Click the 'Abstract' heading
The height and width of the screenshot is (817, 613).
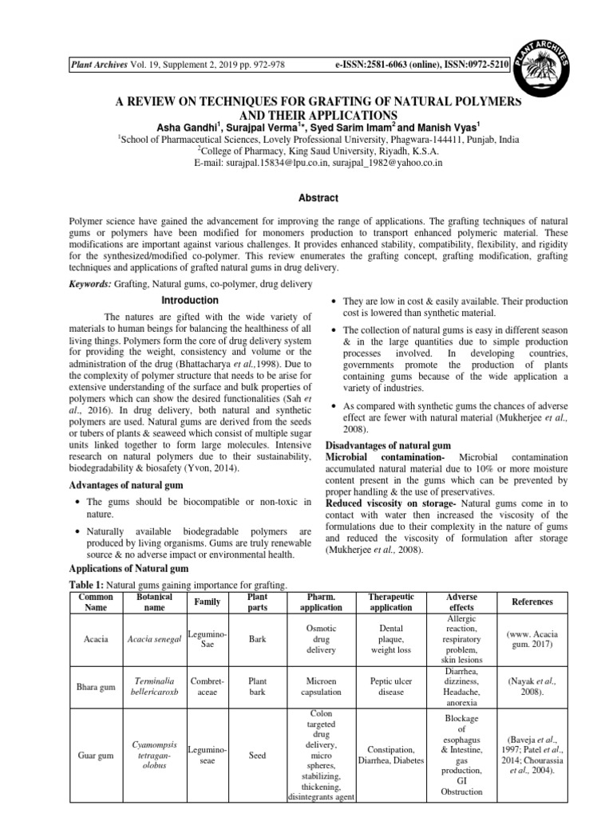pyautogui.click(x=306, y=198)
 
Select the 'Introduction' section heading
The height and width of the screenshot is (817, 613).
pyautogui.click(x=190, y=301)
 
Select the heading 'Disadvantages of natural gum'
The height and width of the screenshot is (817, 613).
pyautogui.click(x=389, y=444)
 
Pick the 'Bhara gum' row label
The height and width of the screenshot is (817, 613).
pyautogui.click(x=96, y=686)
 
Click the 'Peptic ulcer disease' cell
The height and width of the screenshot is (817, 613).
pyautogui.click(x=390, y=686)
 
